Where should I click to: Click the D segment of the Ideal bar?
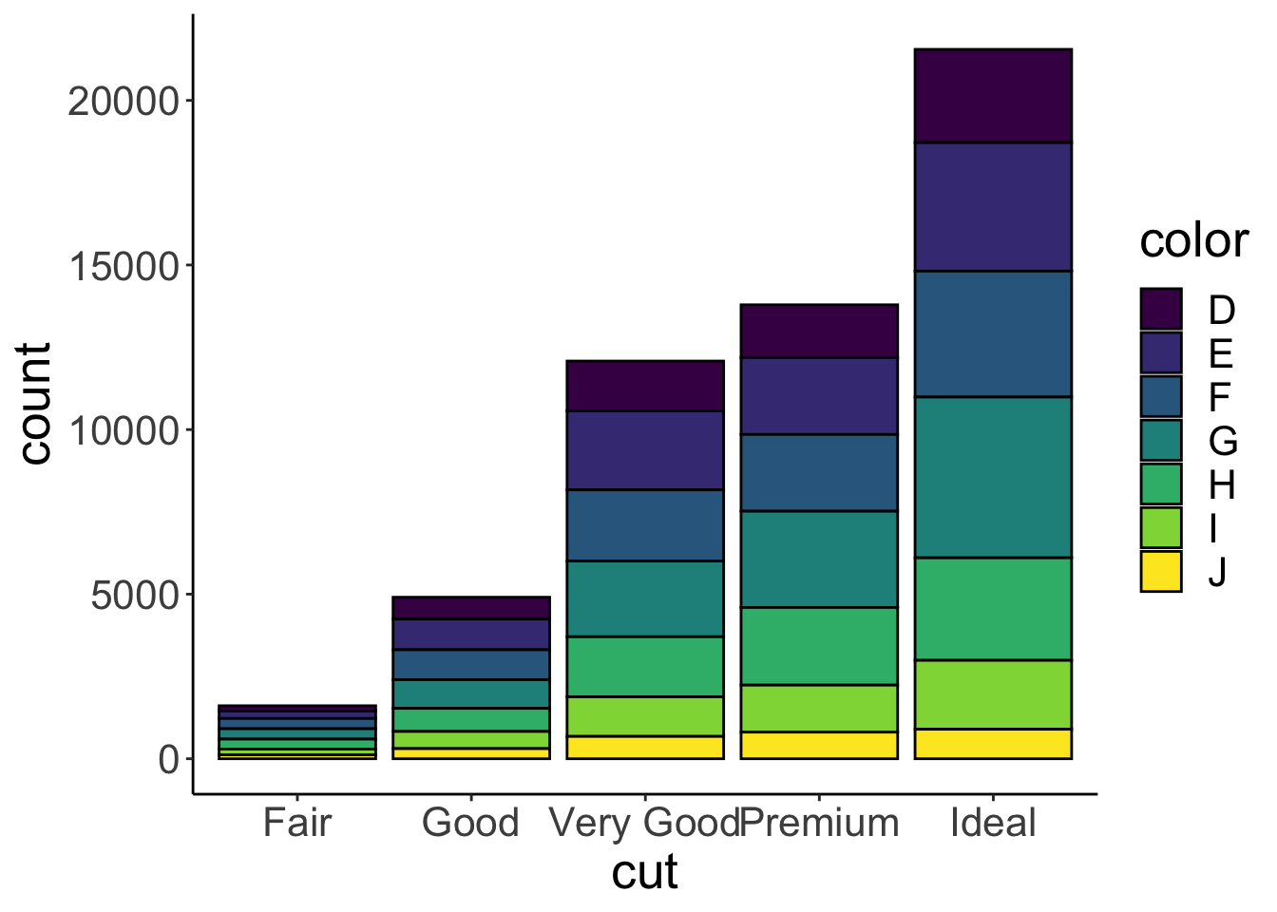click(x=993, y=96)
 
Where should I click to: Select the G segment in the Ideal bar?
click(x=993, y=477)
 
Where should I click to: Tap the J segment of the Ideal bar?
click(x=993, y=744)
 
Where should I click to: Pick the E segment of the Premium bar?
click(x=819, y=396)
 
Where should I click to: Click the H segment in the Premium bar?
click(x=819, y=646)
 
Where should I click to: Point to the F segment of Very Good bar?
click(x=645, y=525)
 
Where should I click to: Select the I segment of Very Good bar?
click(x=645, y=716)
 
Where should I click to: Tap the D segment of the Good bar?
click(x=471, y=608)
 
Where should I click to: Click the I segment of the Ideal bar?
click(x=993, y=694)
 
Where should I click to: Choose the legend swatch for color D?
click(x=1161, y=310)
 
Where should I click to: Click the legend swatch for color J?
click(x=1161, y=572)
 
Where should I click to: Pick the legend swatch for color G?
click(x=1161, y=441)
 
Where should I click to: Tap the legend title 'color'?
click(x=1193, y=241)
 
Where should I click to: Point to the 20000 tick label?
click(x=124, y=101)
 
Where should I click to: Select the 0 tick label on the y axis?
click(x=169, y=760)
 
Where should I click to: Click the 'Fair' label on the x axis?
click(x=297, y=823)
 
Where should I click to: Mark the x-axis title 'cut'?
click(x=645, y=872)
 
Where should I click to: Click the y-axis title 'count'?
click(x=36, y=404)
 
